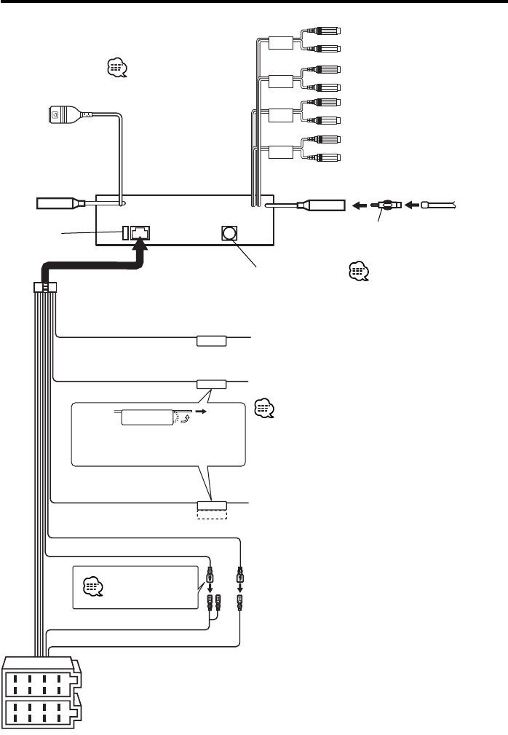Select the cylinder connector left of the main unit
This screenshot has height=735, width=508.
click(x=62, y=205)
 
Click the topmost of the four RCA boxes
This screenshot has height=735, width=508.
click(x=281, y=42)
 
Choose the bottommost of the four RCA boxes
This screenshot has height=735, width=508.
click(x=281, y=152)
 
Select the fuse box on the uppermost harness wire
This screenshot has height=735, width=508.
click(x=211, y=339)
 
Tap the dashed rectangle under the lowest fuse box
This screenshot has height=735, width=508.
click(x=212, y=514)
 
